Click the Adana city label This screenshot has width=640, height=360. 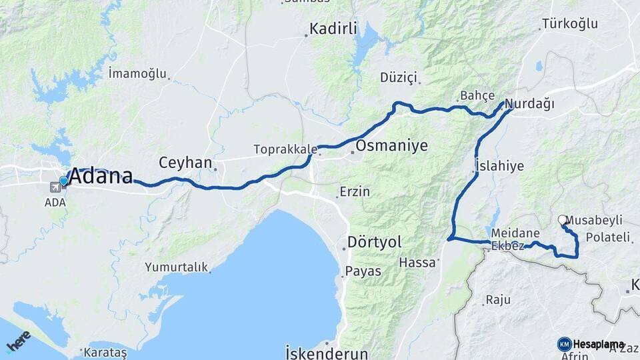tap(101, 177)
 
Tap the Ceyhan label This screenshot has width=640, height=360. tap(185, 163)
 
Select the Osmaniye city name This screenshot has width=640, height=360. tap(391, 146)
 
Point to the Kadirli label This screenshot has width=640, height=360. tap(333, 29)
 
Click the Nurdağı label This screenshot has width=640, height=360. tap(529, 104)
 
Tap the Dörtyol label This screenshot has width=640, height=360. tap(374, 243)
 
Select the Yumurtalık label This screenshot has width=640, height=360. tap(177, 267)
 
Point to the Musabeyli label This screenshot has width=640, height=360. tap(594, 220)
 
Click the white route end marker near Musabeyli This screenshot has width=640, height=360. tap(562, 219)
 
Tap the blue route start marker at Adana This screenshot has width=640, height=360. tap(64, 181)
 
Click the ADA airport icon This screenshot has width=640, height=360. tap(54, 187)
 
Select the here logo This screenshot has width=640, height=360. tap(18, 341)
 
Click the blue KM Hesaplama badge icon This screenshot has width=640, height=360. tap(564, 344)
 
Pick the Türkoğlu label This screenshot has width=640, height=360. tap(570, 24)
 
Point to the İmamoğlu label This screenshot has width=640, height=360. tap(137, 73)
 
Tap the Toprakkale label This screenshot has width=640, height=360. tap(280, 149)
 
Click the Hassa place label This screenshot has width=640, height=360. tap(417, 263)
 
